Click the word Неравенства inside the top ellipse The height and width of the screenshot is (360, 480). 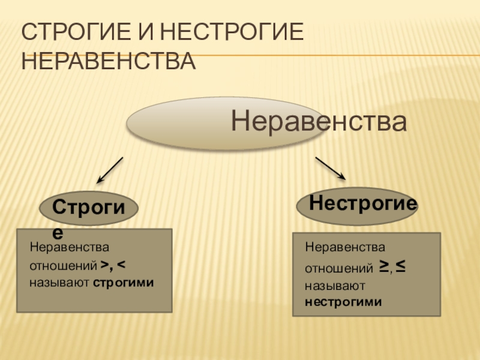click(x=319, y=122)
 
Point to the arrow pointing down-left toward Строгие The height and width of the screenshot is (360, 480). click(x=110, y=170)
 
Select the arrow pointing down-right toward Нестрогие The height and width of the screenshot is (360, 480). click(x=330, y=169)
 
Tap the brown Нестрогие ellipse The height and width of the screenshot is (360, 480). click(x=358, y=205)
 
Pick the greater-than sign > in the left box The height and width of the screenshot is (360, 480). click(x=104, y=264)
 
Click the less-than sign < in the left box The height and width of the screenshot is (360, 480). click(x=121, y=264)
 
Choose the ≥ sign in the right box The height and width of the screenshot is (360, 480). click(x=383, y=266)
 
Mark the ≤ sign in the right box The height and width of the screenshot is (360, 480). click(x=400, y=266)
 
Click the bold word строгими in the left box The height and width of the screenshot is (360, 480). click(x=124, y=281)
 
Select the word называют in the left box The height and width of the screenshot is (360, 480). click(x=60, y=281)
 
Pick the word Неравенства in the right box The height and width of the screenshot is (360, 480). click(x=345, y=247)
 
